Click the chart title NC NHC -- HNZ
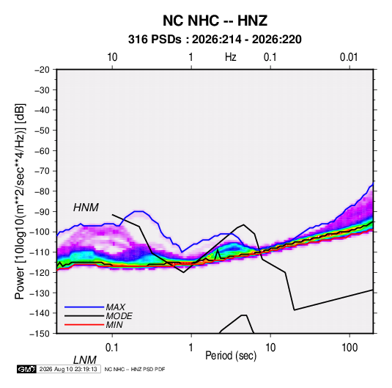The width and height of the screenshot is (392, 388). click(x=215, y=21)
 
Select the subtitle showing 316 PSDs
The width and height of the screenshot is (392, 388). click(x=215, y=40)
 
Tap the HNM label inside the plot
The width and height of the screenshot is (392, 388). click(x=86, y=208)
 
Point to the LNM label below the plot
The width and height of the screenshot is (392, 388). click(x=84, y=360)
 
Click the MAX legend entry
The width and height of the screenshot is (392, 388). click(x=116, y=307)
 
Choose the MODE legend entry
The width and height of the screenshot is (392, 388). click(x=119, y=316)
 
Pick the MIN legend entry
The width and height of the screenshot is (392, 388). click(x=114, y=325)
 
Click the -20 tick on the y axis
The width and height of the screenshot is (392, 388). click(x=42, y=70)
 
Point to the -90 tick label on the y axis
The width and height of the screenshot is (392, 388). click(x=42, y=212)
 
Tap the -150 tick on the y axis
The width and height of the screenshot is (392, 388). click(x=40, y=334)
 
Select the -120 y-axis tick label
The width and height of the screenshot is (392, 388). click(x=40, y=272)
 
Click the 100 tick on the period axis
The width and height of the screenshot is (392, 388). click(x=350, y=348)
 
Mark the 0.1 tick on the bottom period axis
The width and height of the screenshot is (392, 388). click(x=112, y=348)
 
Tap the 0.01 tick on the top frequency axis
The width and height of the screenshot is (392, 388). click(x=349, y=57)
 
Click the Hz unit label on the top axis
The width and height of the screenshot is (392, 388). click(x=231, y=57)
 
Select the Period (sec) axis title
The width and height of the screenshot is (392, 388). click(x=231, y=356)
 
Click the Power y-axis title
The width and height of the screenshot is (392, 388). click(x=20, y=202)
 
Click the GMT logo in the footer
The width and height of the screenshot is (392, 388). click(x=26, y=369)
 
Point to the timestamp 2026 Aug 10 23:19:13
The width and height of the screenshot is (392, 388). click(x=68, y=369)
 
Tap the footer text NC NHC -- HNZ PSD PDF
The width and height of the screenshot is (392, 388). click(x=135, y=369)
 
